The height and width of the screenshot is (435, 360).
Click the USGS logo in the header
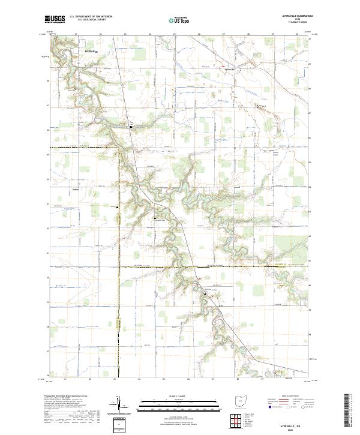pos(55,19)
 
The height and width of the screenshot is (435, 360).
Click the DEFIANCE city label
pos(88,52)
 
